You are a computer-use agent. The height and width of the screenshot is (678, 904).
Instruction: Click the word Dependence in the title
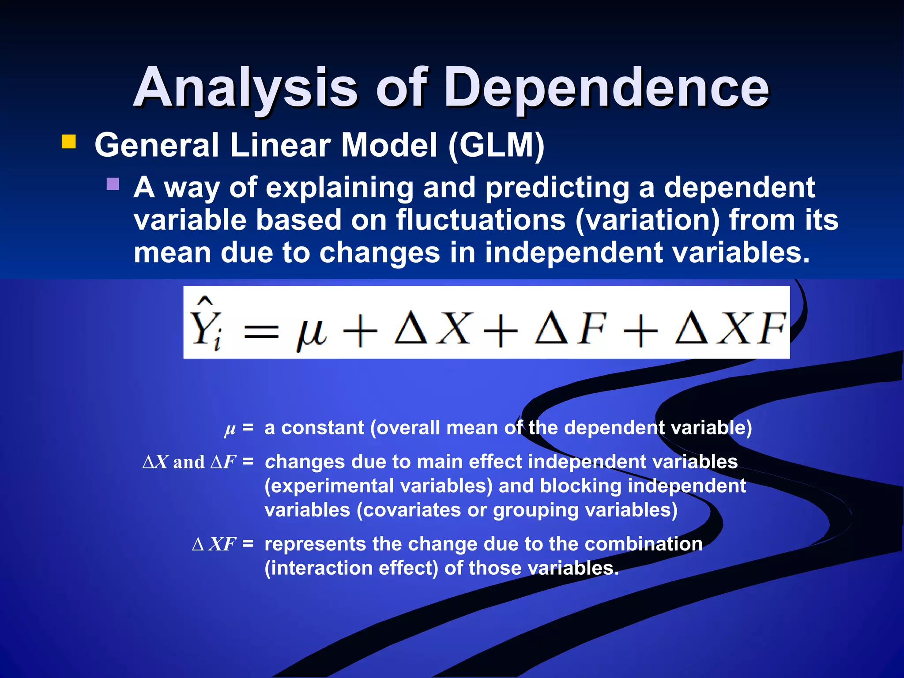click(606, 88)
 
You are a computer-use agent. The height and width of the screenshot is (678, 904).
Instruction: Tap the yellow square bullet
click(69, 142)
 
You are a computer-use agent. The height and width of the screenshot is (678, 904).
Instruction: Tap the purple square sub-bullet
click(113, 184)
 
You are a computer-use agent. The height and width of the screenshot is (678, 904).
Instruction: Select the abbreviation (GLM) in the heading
click(496, 145)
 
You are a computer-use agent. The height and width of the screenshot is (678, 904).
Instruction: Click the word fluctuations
click(480, 220)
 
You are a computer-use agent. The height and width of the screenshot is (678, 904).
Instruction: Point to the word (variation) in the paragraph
click(648, 220)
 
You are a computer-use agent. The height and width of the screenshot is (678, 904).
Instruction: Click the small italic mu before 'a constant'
click(230, 429)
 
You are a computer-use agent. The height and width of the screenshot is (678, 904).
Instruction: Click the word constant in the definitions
click(323, 428)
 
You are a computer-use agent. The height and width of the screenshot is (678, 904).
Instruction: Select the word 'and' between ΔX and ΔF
click(189, 462)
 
